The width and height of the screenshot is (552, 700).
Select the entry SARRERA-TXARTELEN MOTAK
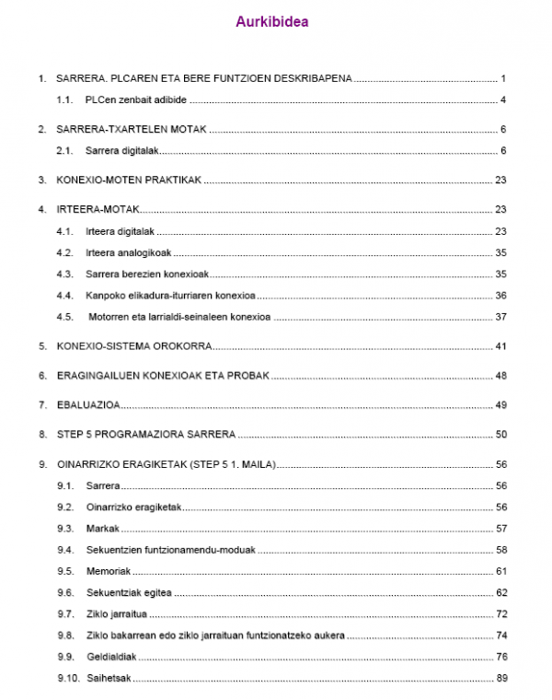click(x=132, y=130)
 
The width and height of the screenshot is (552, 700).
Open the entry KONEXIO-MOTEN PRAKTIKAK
click(x=128, y=180)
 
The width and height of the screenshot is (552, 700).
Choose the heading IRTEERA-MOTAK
click(x=97, y=209)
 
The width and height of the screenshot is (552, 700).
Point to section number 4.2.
click(x=64, y=251)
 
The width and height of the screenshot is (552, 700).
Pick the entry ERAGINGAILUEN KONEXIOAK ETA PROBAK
click(x=162, y=376)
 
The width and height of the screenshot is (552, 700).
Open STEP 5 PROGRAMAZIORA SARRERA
click(x=145, y=434)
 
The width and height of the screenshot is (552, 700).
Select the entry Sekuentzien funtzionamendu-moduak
click(x=170, y=549)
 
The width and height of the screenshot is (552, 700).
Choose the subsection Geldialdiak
click(x=109, y=657)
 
